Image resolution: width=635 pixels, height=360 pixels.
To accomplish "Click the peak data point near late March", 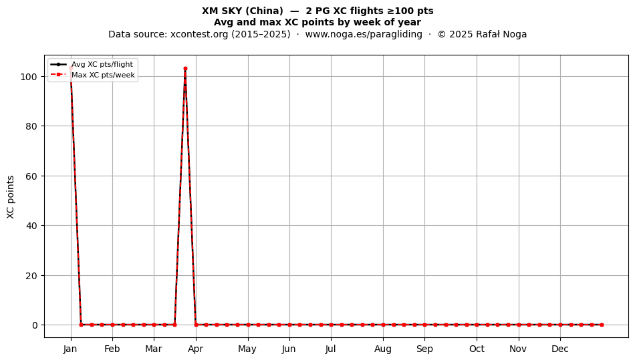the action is pos(185,68).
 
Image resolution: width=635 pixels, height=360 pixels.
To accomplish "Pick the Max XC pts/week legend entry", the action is pos(93,75).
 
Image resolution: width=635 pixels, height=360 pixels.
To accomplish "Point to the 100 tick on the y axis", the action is pos(29,76).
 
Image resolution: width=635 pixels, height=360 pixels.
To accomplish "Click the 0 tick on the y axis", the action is pos(35,325).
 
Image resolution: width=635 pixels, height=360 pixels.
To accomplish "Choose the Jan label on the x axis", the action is pos(70,349).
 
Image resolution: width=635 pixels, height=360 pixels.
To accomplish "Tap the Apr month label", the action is pos(196,349).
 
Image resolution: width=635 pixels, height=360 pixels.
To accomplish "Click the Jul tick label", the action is pos(331,349).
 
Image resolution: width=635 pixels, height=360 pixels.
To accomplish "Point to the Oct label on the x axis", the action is pos(477,349).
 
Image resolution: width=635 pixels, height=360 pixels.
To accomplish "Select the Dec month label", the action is pos(560,349).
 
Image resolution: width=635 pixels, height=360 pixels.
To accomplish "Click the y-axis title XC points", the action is pos(11,197).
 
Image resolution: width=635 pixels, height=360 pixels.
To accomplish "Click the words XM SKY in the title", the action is pos(222,11).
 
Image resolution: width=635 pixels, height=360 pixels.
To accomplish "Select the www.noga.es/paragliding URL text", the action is pos(364,34).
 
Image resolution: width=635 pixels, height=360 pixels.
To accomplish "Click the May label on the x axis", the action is pos(247,349).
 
